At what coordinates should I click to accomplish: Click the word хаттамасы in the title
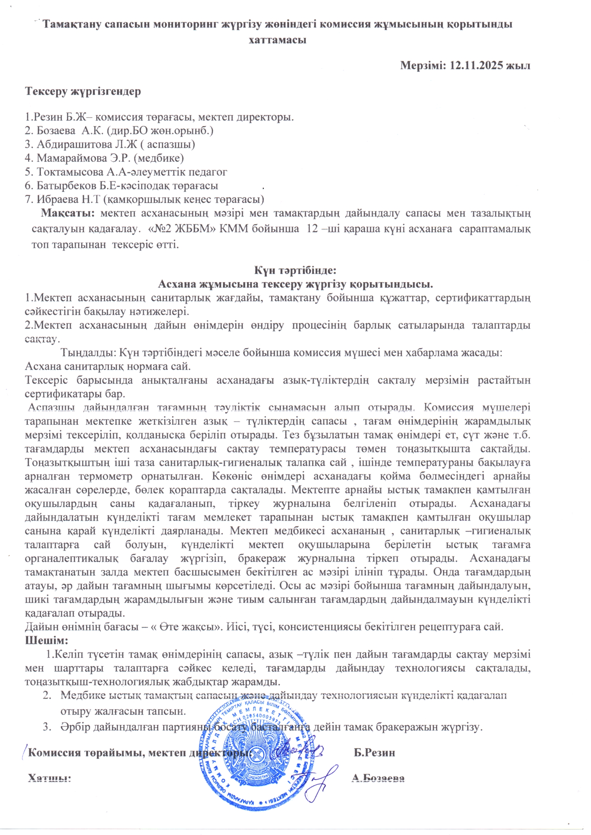tap(277, 40)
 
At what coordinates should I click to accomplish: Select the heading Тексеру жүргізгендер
tap(83, 91)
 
